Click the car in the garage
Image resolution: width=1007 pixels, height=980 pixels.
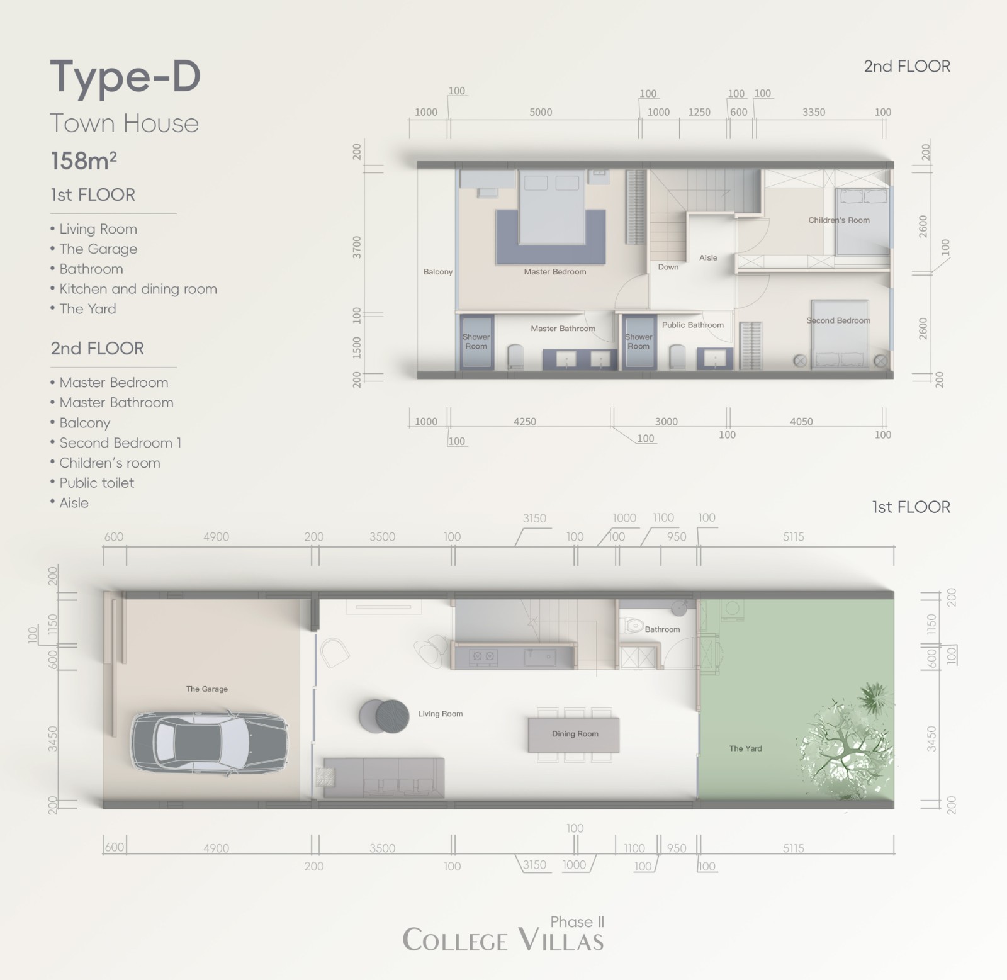210,740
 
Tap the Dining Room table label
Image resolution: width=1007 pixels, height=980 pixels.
575,734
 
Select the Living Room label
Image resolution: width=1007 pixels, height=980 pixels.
440,714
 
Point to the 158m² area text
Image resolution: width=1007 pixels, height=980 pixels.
84,161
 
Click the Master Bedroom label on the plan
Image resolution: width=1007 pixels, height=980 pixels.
554,272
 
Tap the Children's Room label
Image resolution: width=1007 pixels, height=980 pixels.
839,220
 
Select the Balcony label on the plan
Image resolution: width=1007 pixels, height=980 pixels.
437,272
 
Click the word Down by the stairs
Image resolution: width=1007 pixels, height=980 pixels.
668,267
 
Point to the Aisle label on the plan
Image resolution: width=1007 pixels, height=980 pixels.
708,257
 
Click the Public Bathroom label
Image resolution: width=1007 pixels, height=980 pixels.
692,325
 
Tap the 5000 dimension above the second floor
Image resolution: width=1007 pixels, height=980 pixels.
541,112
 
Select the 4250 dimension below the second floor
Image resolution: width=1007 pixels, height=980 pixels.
524,422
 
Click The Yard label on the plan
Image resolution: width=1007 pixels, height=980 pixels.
745,748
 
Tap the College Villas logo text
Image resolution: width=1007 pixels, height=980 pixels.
503,940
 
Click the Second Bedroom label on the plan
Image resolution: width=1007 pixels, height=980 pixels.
838,320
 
